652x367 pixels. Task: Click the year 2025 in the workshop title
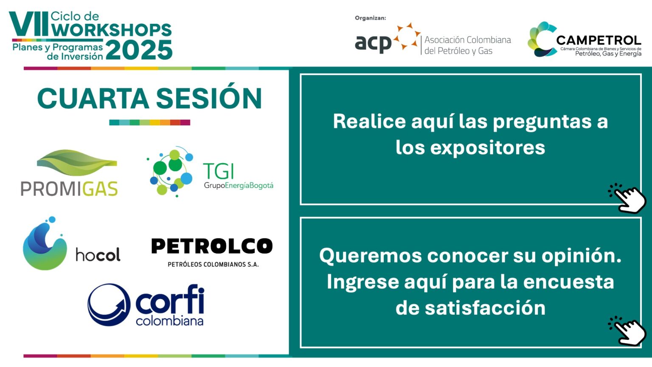click(139, 50)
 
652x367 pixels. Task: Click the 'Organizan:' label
click(370, 18)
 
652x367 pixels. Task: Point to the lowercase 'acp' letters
click(373, 44)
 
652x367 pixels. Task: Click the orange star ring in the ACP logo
click(407, 36)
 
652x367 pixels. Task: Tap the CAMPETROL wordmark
click(599, 40)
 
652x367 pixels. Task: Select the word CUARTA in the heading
click(93, 99)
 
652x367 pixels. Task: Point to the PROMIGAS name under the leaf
click(69, 189)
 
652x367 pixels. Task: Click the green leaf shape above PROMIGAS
click(77, 163)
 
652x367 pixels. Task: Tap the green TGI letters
click(218, 171)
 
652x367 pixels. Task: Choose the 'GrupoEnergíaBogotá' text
click(239, 186)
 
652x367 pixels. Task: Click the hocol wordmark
click(98, 254)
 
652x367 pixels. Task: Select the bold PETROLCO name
click(212, 246)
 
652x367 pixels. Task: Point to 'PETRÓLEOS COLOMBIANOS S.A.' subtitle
click(213, 265)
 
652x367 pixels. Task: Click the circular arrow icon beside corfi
click(109, 305)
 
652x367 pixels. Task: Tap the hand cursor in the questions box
click(627, 198)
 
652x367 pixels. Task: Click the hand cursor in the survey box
click(627, 330)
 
